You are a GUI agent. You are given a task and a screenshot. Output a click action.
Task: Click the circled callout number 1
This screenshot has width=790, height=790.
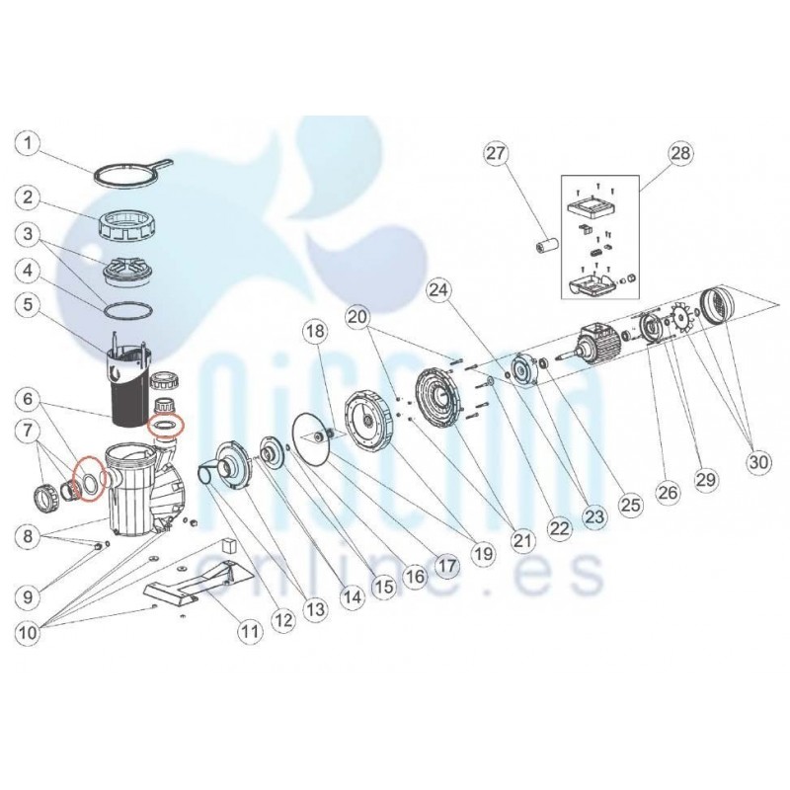tap(29, 143)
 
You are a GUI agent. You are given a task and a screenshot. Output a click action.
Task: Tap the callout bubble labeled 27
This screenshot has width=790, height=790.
tap(496, 153)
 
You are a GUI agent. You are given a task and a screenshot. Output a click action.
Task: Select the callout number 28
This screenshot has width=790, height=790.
tap(680, 153)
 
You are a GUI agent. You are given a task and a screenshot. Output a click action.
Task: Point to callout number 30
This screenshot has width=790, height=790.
tap(758, 461)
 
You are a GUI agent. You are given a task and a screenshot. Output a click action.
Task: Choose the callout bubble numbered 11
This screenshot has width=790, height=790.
tap(251, 631)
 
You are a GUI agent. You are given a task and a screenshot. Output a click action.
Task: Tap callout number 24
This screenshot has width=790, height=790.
tap(440, 290)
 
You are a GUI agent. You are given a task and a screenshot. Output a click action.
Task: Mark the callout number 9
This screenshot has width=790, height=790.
tap(29, 597)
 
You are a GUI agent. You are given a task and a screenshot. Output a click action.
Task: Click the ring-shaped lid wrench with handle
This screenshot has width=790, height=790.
tap(133, 170)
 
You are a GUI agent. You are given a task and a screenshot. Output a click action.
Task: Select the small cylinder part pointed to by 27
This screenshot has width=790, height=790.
tap(545, 248)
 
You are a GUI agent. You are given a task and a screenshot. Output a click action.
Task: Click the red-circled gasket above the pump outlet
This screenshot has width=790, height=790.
tap(166, 426)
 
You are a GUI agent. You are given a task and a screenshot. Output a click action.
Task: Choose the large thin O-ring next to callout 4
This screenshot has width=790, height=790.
tap(127, 310)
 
